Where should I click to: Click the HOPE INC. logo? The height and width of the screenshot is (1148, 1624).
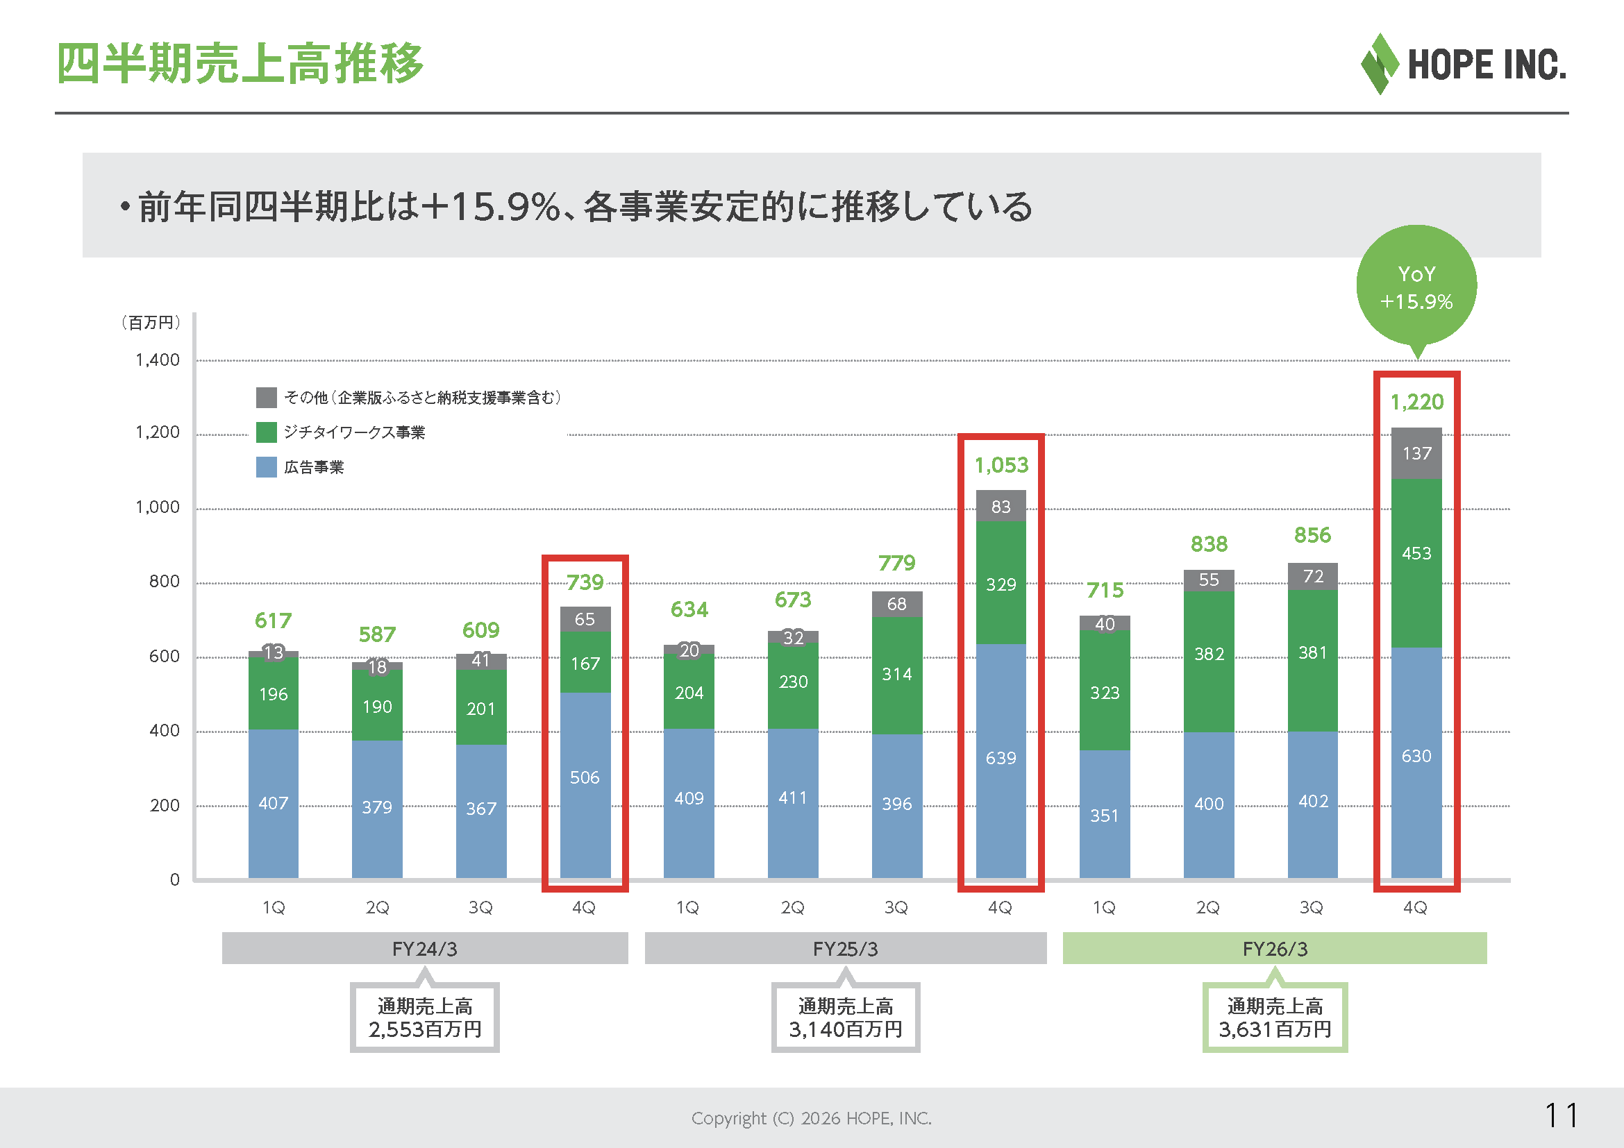coord(1463,64)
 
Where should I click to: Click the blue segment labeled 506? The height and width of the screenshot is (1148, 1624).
coord(585,786)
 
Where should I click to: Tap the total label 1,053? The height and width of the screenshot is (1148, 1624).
coord(1001,465)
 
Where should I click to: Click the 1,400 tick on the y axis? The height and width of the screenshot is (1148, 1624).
coord(157,360)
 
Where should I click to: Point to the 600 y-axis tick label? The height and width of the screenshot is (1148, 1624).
coord(164,656)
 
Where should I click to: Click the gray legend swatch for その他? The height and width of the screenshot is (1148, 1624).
coord(266,397)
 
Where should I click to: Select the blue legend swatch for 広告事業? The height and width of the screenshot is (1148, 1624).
coord(266,466)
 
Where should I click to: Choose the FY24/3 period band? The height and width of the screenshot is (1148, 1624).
coord(424,948)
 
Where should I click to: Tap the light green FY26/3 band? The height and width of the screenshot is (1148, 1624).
coord(1275,948)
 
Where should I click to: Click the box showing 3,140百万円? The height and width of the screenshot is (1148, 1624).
coord(845,1018)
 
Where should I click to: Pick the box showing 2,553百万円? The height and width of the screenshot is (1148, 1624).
coord(424,1018)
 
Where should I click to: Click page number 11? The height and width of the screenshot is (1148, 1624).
coord(1561,1116)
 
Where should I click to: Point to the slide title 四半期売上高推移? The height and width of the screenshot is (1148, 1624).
coord(240,64)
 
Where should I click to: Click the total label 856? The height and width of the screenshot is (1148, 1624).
coord(1312,535)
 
